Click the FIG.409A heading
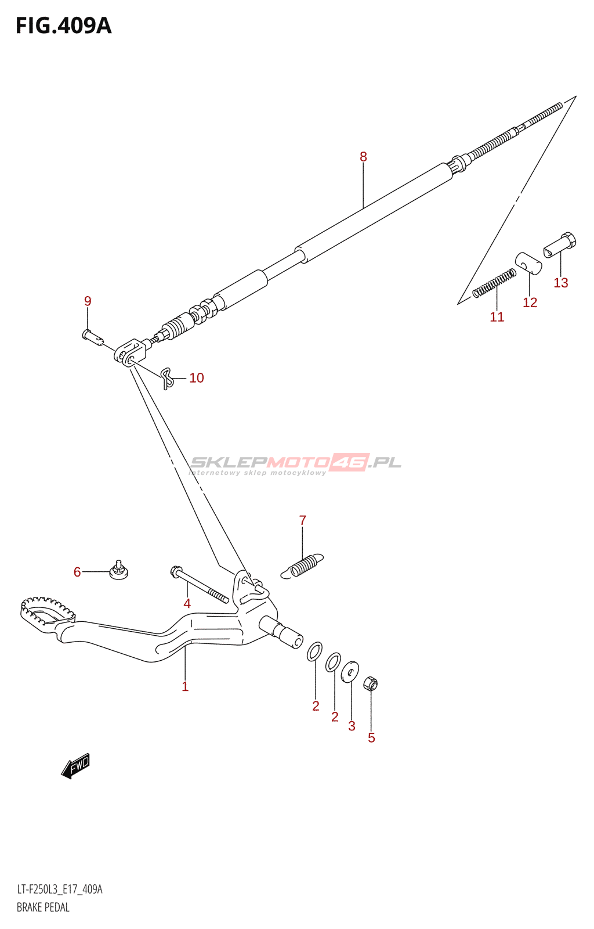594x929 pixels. (63, 26)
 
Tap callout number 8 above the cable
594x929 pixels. (363, 157)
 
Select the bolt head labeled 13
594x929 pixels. (560, 244)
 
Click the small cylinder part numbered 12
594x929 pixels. (528, 263)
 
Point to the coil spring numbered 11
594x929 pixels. (494, 283)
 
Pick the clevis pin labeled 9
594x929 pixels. (92, 336)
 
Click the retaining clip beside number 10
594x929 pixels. (167, 378)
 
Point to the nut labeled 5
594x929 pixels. (371, 684)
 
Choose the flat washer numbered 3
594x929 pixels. (350, 672)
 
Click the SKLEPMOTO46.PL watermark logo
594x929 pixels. (296, 463)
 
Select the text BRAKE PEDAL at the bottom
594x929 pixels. (43, 908)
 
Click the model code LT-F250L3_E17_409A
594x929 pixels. (60, 890)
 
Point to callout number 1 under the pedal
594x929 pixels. (185, 687)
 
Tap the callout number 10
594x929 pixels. (197, 378)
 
